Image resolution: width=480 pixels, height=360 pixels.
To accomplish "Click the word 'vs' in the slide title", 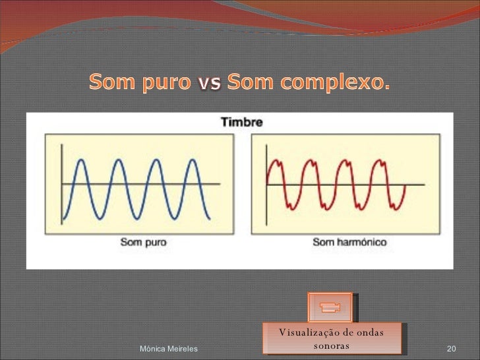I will point(210,83).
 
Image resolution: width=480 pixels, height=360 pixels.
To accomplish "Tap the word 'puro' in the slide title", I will point(165,84).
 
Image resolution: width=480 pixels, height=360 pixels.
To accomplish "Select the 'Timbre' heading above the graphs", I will point(241,122).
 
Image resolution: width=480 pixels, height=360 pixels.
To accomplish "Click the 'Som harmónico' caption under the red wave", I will point(349,241).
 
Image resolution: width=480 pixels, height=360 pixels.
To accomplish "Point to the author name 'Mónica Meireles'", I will point(169,347).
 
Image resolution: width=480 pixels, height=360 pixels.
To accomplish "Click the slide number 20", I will point(452,347).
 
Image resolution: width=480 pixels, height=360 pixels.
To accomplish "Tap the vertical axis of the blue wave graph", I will point(62,185).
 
